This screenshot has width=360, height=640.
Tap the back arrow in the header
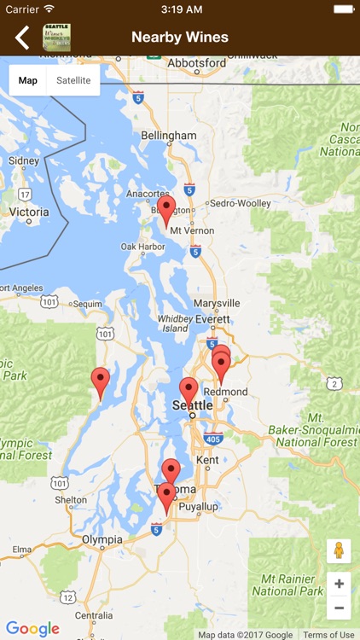(x=22, y=38)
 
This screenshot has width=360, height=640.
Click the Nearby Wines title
(x=180, y=38)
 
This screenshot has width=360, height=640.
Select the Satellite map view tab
(x=73, y=80)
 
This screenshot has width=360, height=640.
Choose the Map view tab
(x=28, y=80)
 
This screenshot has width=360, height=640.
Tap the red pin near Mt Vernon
(x=166, y=209)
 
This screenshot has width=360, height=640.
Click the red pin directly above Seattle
(x=189, y=391)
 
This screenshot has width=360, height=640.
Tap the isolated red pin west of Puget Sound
(x=101, y=381)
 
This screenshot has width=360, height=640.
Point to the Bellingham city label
(x=169, y=136)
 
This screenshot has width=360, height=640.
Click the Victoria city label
(x=27, y=212)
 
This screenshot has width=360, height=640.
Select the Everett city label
(x=212, y=319)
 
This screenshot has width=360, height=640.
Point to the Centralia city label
(x=94, y=614)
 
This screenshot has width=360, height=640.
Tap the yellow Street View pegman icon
(x=339, y=550)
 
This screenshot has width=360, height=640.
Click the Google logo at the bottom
(x=32, y=629)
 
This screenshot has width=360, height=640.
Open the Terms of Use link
(x=328, y=635)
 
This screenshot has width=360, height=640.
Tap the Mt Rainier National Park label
(x=287, y=585)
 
